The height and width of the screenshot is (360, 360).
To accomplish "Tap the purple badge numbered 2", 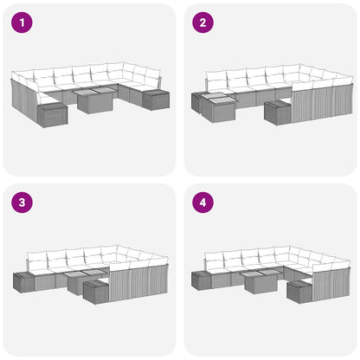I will (x=202, y=22).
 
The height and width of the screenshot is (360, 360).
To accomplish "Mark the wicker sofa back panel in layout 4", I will (x=330, y=281).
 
